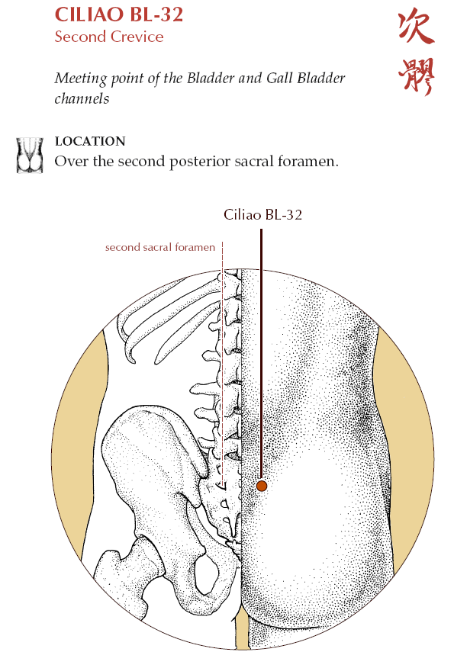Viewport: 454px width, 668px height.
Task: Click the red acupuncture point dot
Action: [262, 486]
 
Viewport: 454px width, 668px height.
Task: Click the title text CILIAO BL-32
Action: [119, 14]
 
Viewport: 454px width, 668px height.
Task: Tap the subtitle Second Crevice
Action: [109, 37]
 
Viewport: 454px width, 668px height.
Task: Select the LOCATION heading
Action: [90, 141]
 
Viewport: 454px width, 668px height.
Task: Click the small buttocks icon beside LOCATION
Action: [30, 155]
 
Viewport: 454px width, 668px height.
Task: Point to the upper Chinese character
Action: [416, 27]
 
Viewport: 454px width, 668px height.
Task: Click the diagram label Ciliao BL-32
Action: [262, 214]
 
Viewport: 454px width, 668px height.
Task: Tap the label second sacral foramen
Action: [160, 247]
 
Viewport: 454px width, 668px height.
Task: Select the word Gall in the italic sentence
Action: [279, 78]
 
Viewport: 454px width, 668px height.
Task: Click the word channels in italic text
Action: [82, 98]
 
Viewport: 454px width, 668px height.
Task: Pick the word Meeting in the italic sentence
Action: [81, 79]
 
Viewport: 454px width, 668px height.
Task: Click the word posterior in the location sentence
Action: [200, 162]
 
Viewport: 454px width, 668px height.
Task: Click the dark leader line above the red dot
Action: [261, 354]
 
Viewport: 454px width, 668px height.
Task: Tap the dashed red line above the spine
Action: [222, 363]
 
